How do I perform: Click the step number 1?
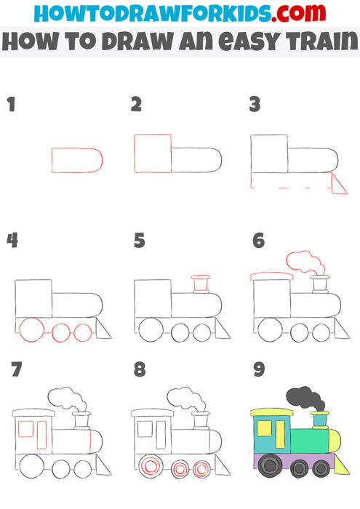[x=11, y=105]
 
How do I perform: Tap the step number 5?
[x=139, y=241]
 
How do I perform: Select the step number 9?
[x=257, y=370]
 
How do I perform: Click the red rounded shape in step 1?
[x=76, y=160]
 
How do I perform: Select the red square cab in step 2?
[x=153, y=153]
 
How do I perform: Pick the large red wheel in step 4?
[x=32, y=331]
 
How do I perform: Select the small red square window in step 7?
[x=26, y=428]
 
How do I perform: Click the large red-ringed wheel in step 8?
[x=151, y=465]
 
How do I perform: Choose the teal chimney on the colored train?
[x=319, y=420]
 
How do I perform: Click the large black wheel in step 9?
[x=270, y=465]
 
